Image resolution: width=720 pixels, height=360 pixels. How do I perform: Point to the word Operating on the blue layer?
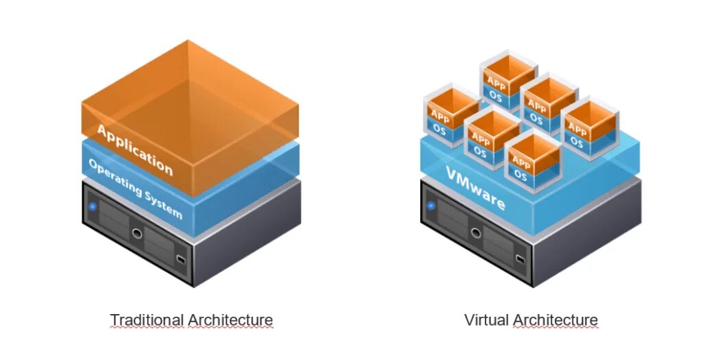pyautogui.click(x=116, y=176)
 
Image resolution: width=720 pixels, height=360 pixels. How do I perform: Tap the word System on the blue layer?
pyautogui.click(x=164, y=203)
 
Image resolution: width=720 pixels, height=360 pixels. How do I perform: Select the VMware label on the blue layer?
pyautogui.click(x=475, y=189)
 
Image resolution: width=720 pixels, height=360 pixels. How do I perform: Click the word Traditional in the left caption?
pyautogui.click(x=147, y=320)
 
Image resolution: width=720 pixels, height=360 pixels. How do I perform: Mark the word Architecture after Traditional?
pyautogui.click(x=230, y=320)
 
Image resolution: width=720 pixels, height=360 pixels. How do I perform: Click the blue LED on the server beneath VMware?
pyautogui.click(x=432, y=205)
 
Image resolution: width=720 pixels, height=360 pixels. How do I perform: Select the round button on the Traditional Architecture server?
pyautogui.click(x=137, y=233)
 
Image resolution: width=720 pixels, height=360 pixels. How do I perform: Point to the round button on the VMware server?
pyautogui.click(x=475, y=232)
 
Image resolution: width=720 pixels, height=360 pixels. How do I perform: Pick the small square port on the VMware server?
pyautogui.click(x=519, y=259)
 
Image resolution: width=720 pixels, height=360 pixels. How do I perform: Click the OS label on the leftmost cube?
pyautogui.click(x=440, y=130)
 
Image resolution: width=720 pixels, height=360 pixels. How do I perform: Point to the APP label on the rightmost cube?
pyautogui.click(x=577, y=129)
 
